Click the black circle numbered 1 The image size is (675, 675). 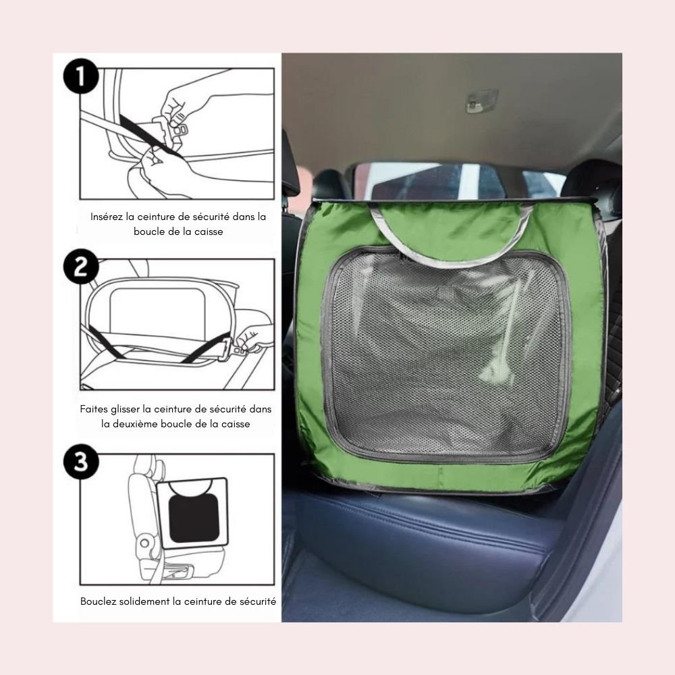coord(81,76)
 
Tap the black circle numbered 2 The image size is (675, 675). coord(81,267)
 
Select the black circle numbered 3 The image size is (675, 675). coord(81,462)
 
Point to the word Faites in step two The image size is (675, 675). coord(93,409)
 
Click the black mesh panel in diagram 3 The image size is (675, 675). coord(194,518)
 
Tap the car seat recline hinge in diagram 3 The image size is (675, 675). coord(144,543)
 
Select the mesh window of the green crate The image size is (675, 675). coord(446,356)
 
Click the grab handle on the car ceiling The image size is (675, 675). coord(482,101)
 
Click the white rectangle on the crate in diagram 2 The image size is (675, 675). coord(157,310)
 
